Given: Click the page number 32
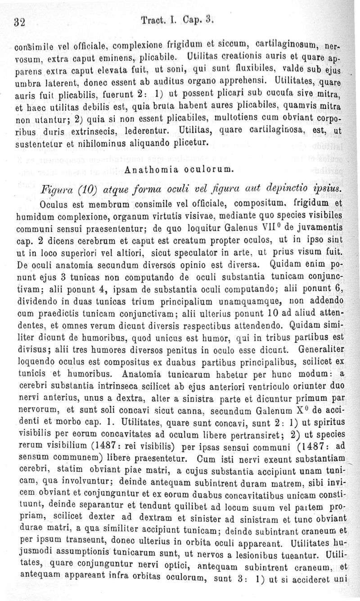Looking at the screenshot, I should pyautogui.click(x=19, y=22).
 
